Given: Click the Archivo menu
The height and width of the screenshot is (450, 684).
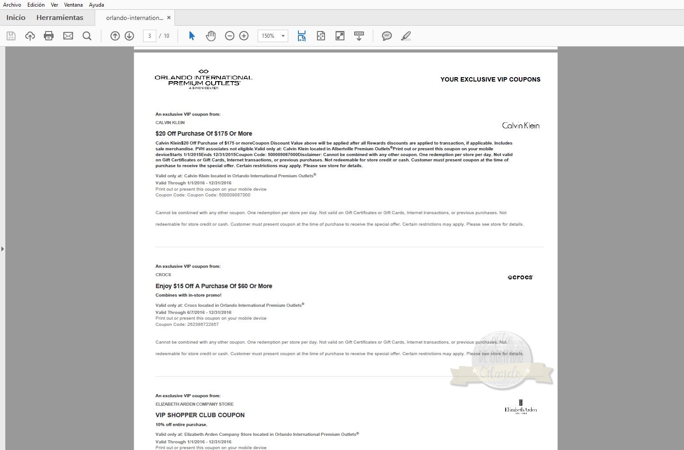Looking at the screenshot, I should click(12, 5).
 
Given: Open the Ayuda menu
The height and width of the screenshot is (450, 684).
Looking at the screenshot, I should click(96, 5).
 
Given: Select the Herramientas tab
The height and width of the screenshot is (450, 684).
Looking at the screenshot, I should click(60, 18).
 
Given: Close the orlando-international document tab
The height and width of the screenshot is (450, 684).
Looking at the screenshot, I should click(169, 18).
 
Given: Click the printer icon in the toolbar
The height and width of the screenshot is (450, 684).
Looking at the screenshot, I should click(49, 36).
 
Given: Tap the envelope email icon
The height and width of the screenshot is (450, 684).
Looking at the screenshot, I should click(68, 36).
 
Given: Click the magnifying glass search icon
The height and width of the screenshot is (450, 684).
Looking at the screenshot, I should click(87, 36).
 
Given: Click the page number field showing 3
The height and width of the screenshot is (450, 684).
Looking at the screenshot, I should click(150, 36).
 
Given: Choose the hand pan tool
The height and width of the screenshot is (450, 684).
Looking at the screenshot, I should click(211, 36).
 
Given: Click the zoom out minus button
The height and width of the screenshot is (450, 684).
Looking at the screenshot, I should click(229, 36).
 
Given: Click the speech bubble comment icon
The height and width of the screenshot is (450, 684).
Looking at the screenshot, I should click(386, 36).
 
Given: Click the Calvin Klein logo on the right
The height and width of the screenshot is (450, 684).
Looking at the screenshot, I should click(521, 126).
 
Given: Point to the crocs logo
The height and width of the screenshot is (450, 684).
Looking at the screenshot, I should click(520, 278).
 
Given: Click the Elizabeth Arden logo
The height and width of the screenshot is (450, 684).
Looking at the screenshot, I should click(521, 407).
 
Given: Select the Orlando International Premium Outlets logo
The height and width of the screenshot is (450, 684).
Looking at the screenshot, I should click(204, 79).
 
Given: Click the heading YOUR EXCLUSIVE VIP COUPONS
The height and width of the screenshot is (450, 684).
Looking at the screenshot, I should click(490, 79).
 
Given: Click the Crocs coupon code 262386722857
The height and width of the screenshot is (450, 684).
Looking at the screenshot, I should click(203, 325).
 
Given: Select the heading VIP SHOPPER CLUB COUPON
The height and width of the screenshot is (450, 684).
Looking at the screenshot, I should click(200, 415).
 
